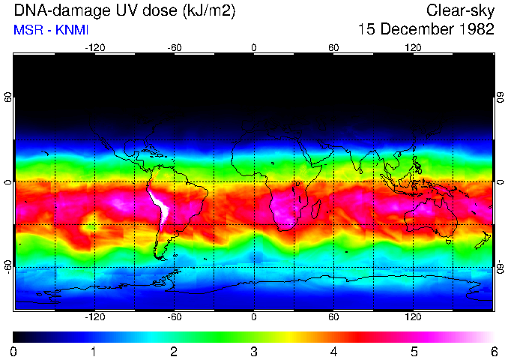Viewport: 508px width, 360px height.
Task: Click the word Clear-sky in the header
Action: coord(461,10)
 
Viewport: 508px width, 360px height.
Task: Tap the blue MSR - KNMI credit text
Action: coord(52,31)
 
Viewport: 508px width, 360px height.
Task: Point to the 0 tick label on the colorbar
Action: coord(13,351)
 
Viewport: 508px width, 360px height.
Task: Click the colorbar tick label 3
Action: coord(253,351)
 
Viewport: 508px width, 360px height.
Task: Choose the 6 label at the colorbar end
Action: coord(493,351)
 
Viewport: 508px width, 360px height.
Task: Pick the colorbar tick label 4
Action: coord(333,351)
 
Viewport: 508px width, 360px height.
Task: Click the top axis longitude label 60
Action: coord(333,47)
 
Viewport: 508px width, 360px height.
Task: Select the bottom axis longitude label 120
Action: coord(414,317)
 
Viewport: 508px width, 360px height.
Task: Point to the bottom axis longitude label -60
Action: coord(174,317)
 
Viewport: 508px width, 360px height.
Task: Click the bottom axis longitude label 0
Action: coord(254,317)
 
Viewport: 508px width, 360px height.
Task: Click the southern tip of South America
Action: coord(160,257)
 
